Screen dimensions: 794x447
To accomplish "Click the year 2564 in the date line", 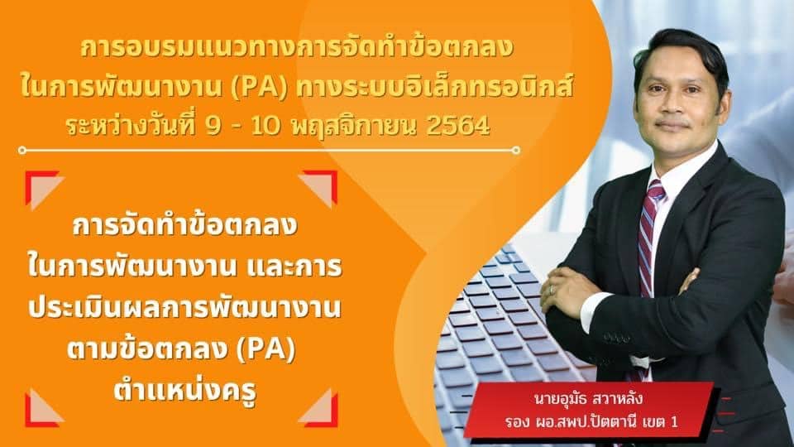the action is tap(458, 127).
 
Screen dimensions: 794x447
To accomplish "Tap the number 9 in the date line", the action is tap(213, 127).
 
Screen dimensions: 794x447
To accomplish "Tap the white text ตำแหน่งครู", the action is tap(185, 389).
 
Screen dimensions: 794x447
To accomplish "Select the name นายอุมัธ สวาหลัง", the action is tap(588, 398).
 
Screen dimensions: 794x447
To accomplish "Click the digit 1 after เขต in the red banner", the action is tap(674, 421).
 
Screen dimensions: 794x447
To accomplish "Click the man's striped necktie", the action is tap(648, 243).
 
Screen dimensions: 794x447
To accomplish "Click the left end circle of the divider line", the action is tap(22, 150).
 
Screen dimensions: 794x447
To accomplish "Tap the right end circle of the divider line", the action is tap(516, 150).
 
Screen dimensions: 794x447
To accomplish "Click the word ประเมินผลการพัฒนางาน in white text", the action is tap(184, 308).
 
